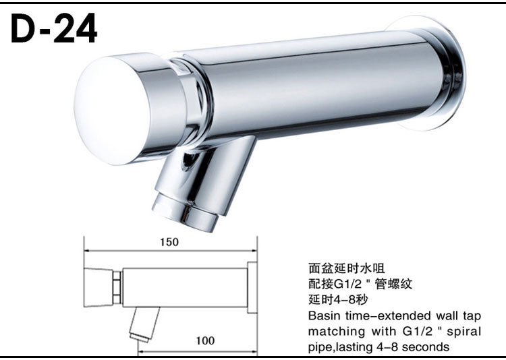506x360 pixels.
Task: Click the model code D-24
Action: click(54, 28)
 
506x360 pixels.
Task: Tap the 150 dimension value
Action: click(169, 242)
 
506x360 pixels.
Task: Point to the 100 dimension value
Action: click(205, 340)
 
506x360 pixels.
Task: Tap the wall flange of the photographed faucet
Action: click(426, 73)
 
